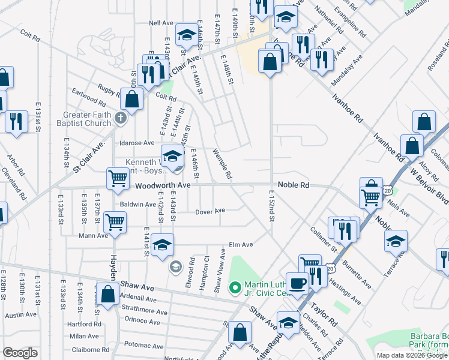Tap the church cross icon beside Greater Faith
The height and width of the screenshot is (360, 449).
tap(121, 118)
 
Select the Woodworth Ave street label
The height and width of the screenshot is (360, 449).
tap(163, 185)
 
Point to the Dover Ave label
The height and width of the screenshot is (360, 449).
tap(210, 211)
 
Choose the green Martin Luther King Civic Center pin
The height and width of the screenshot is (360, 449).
tap(235, 286)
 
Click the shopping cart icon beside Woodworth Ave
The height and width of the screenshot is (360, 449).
tap(117, 178)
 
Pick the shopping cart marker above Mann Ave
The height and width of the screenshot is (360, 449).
tap(114, 221)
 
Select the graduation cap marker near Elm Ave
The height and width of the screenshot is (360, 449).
tap(162, 245)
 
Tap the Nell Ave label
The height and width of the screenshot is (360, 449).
tap(161, 23)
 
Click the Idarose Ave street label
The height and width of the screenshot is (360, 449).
tap(137, 143)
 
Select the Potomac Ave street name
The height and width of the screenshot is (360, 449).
tap(143, 345)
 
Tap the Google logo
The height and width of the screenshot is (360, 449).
tap(20, 353)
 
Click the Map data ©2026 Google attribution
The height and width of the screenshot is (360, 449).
tap(411, 355)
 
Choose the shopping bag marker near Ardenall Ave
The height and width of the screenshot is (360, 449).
tap(108, 295)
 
